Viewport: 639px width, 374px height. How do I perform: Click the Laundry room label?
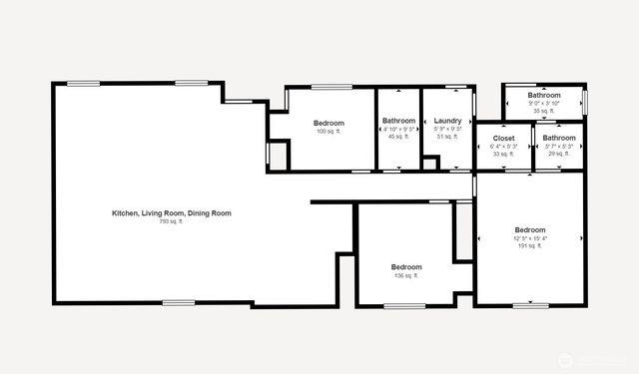pyautogui.click(x=448, y=121)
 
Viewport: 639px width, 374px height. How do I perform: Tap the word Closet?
pyautogui.click(x=503, y=138)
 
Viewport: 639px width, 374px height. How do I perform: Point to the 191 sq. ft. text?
pyautogui.click(x=530, y=245)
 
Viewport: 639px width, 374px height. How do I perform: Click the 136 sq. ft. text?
pyautogui.click(x=406, y=275)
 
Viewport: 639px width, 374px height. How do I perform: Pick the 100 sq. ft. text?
pyautogui.click(x=328, y=131)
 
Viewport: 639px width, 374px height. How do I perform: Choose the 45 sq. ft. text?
pyautogui.click(x=398, y=137)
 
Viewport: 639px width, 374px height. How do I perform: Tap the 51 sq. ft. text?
pyautogui.click(x=448, y=137)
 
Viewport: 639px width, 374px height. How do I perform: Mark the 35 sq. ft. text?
pyautogui.click(x=544, y=111)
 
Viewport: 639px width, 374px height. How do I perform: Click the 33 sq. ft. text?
pyautogui.click(x=503, y=154)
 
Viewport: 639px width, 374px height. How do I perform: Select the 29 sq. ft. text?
pyautogui.click(x=559, y=154)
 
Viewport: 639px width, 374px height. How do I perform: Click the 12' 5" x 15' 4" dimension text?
pyautogui.click(x=530, y=237)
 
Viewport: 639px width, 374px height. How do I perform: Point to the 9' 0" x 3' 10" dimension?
pyautogui.click(x=544, y=103)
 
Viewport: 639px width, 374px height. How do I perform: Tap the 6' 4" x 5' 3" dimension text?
pyautogui.click(x=503, y=146)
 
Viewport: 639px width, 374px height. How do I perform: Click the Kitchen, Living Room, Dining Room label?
pyautogui.click(x=172, y=212)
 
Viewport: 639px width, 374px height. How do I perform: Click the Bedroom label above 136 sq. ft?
pyautogui.click(x=406, y=266)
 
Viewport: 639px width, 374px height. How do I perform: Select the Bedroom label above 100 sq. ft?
pyautogui.click(x=328, y=123)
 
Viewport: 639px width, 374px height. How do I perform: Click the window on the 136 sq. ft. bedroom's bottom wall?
pyautogui.click(x=399, y=305)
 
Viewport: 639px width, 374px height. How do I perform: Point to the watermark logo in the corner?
pyautogui.click(x=567, y=358)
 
